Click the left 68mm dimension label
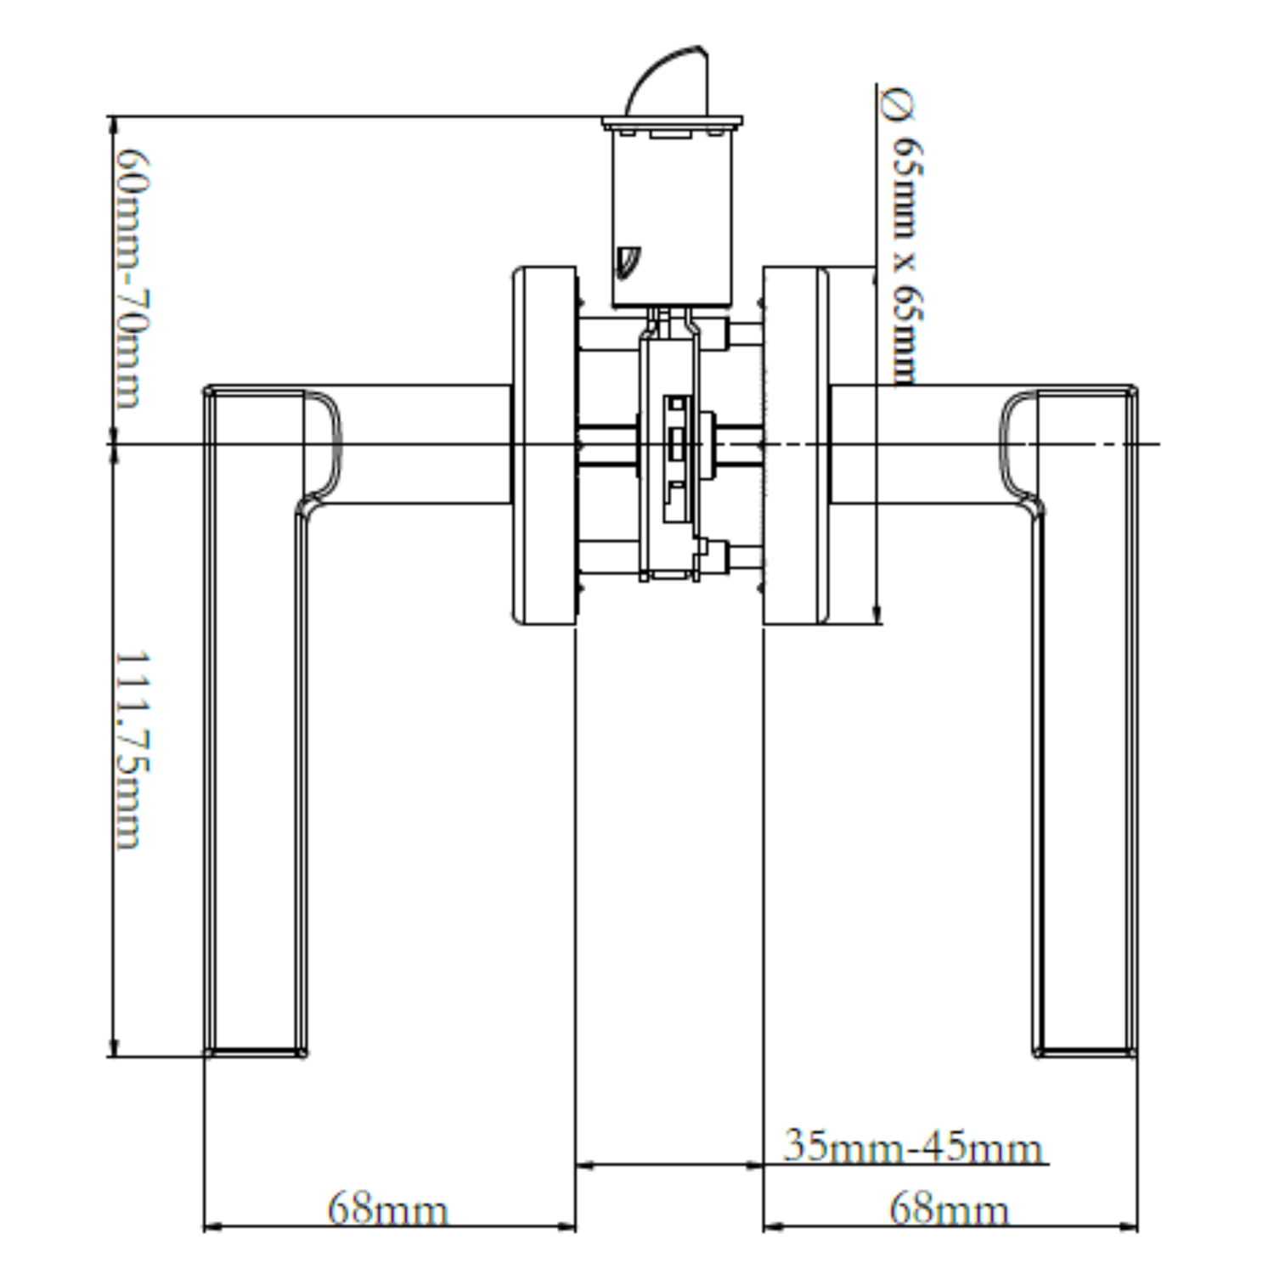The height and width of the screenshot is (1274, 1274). coord(387,1209)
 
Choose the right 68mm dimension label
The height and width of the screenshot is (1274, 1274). coord(949,1209)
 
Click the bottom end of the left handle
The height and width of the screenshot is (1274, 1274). coord(255,1055)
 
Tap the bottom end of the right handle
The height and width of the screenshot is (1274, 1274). coord(1085,1055)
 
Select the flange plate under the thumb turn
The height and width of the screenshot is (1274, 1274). coord(672,124)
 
